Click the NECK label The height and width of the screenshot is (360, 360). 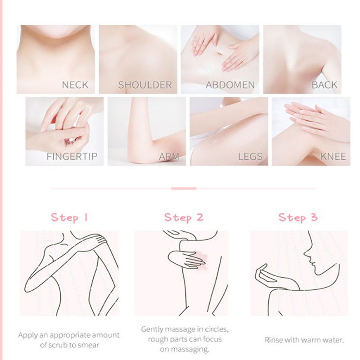coord(75,85)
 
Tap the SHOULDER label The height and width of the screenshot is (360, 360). coord(145,85)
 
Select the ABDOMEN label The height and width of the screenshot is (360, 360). coord(230,85)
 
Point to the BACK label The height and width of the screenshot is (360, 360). coord(324,85)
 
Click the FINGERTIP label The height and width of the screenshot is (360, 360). coord(72,157)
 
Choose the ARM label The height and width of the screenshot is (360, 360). coord(169,157)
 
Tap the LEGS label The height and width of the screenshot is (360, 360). coord(250,157)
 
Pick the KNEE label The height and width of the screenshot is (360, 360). coord(333,157)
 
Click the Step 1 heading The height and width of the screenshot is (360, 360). coord(69,217)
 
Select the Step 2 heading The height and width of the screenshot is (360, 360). coord(184,217)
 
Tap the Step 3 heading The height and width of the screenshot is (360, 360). coord(298,217)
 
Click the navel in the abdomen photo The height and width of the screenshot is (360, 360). coord(220,53)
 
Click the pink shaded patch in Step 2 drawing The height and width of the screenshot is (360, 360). coord(201,260)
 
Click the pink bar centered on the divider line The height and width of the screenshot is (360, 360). coord(184,189)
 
